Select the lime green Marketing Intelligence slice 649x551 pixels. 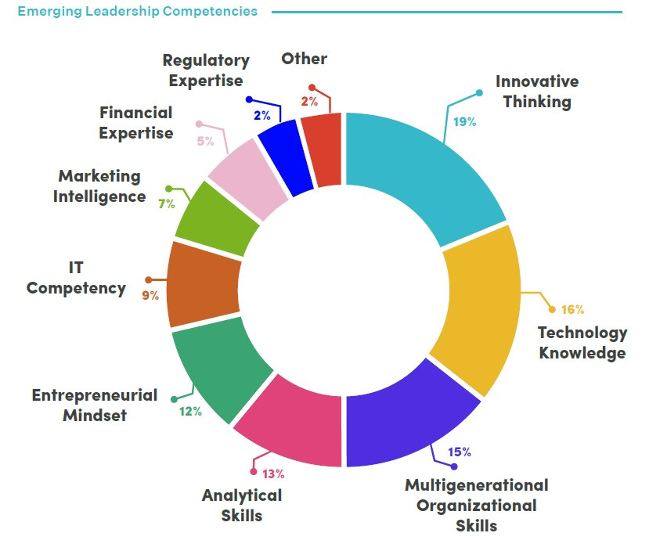[218, 220]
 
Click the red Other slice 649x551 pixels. [323, 149]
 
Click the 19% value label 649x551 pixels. [464, 121]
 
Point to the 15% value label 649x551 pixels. [459, 452]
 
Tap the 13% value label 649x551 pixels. [272, 474]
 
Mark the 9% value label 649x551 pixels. [150, 296]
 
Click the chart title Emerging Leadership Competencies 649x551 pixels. [137, 12]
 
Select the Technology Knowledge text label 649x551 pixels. [582, 343]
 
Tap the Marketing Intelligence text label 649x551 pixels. [99, 186]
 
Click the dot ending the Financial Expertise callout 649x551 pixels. [199, 124]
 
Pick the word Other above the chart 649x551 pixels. [305, 59]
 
